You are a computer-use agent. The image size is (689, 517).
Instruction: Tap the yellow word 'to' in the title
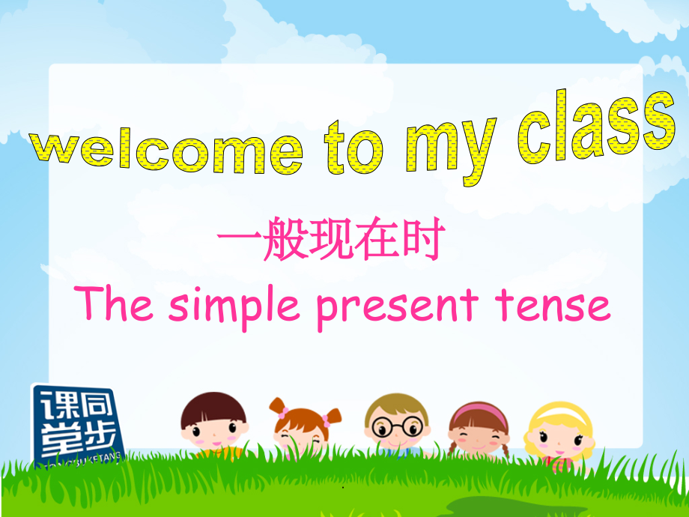(352, 149)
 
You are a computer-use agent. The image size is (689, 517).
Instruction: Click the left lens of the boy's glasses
(384, 426)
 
